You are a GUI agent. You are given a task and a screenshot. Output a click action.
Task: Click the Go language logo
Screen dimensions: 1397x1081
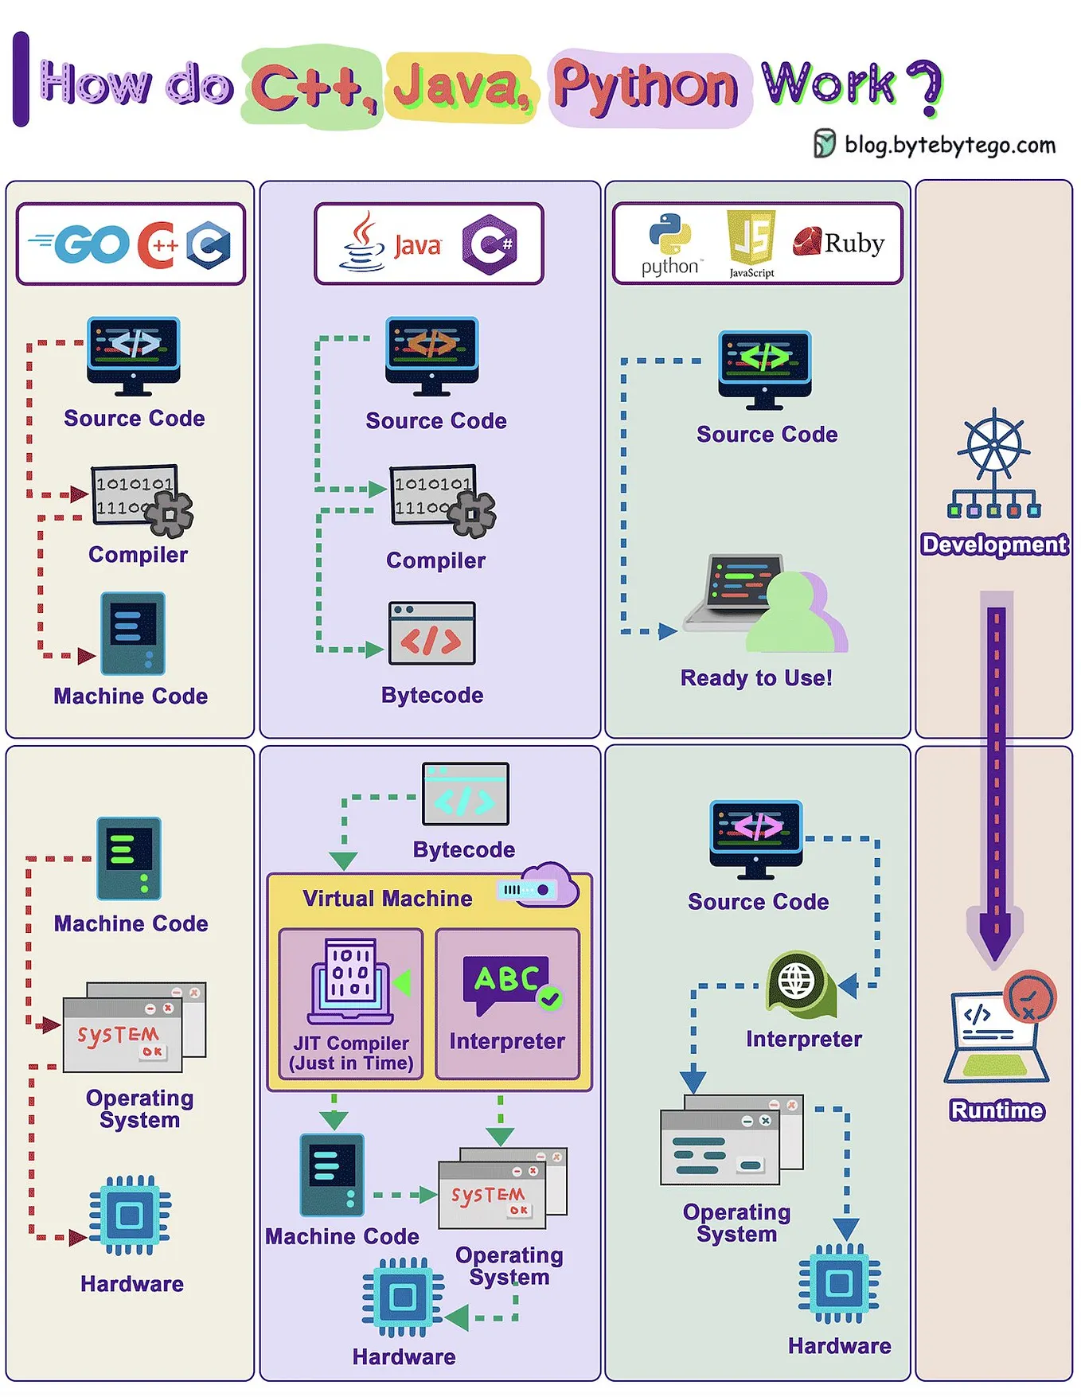[x=80, y=244]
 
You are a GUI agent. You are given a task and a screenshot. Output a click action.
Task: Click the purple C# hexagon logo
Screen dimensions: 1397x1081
[x=490, y=244]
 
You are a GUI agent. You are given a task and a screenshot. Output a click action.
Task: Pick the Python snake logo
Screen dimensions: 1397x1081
[x=669, y=234]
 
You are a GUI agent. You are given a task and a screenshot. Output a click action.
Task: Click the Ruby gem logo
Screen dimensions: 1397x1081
[x=806, y=241]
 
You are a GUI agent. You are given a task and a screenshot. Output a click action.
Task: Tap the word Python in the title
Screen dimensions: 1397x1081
[x=646, y=86]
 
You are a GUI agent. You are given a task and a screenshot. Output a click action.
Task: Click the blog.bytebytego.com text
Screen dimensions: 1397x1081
[x=949, y=145]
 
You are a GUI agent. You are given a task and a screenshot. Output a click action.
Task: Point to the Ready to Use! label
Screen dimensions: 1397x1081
[x=756, y=677]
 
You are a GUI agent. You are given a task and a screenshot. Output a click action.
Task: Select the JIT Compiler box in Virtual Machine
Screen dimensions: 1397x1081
[x=351, y=1003]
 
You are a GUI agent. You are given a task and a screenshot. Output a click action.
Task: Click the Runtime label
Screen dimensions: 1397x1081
[x=997, y=1110]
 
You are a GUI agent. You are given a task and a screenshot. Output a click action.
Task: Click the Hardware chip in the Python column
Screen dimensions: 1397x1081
[x=839, y=1283]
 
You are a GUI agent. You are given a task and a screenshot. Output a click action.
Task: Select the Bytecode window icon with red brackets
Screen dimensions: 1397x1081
[x=431, y=634]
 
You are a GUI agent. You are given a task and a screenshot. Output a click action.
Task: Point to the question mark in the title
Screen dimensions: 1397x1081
[x=926, y=87]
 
